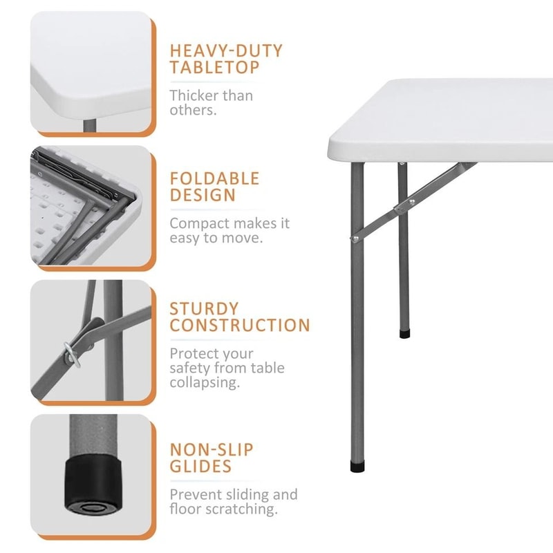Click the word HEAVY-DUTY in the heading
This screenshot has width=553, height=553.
(x=226, y=50)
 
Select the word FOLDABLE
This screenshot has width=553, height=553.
(x=214, y=178)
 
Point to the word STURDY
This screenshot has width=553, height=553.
(x=204, y=308)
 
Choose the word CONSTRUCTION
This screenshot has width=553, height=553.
(x=240, y=326)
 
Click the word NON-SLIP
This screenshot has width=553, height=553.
(x=212, y=450)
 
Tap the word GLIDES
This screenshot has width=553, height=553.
(x=201, y=467)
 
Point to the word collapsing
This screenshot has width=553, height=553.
(x=205, y=383)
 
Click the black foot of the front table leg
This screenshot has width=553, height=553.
(x=357, y=466)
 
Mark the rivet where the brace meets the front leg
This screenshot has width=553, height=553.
(x=355, y=238)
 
